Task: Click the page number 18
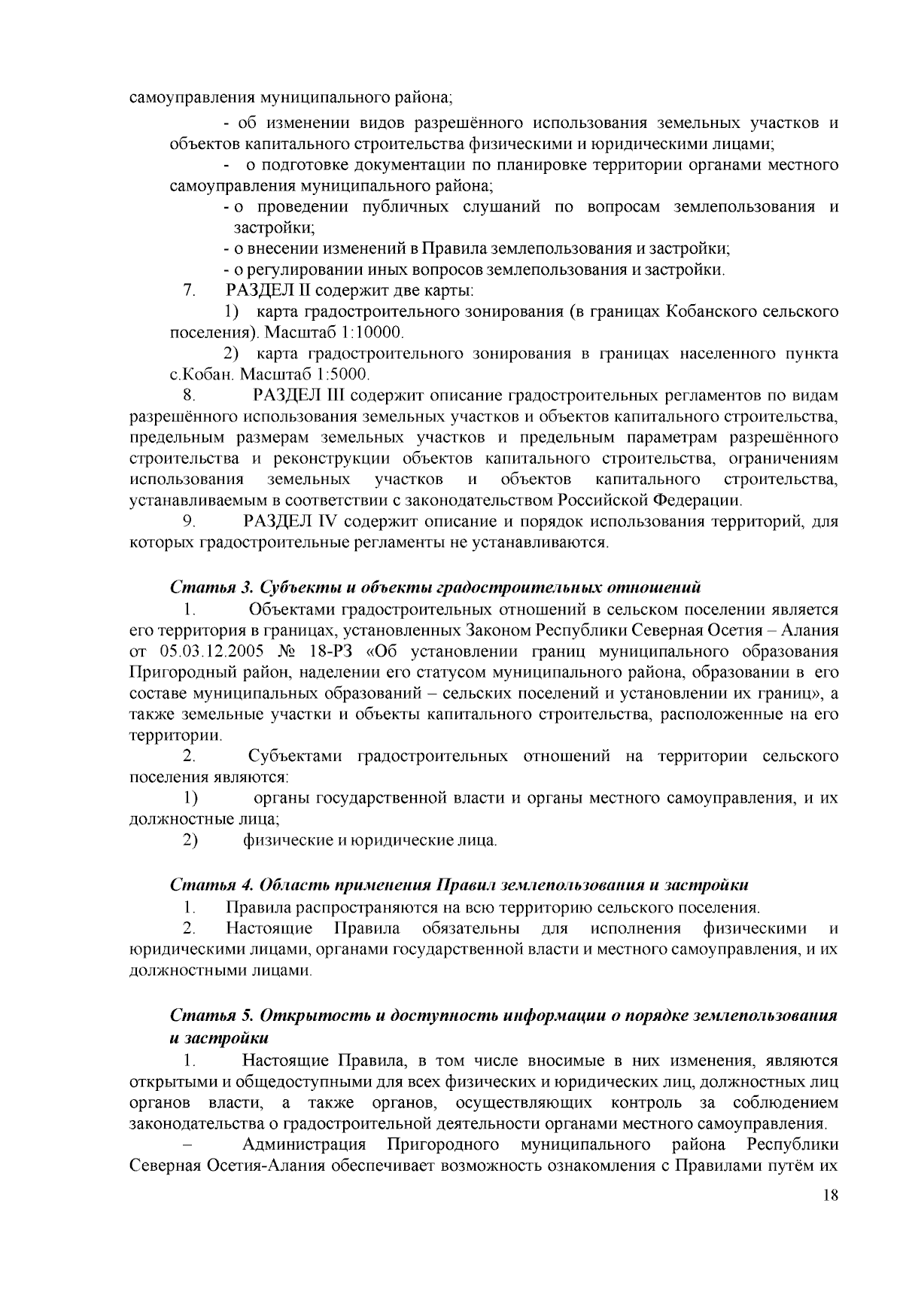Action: point(830,1197)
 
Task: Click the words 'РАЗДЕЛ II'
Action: point(263,291)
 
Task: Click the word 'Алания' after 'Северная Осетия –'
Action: point(810,629)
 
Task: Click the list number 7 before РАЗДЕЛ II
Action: point(187,291)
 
